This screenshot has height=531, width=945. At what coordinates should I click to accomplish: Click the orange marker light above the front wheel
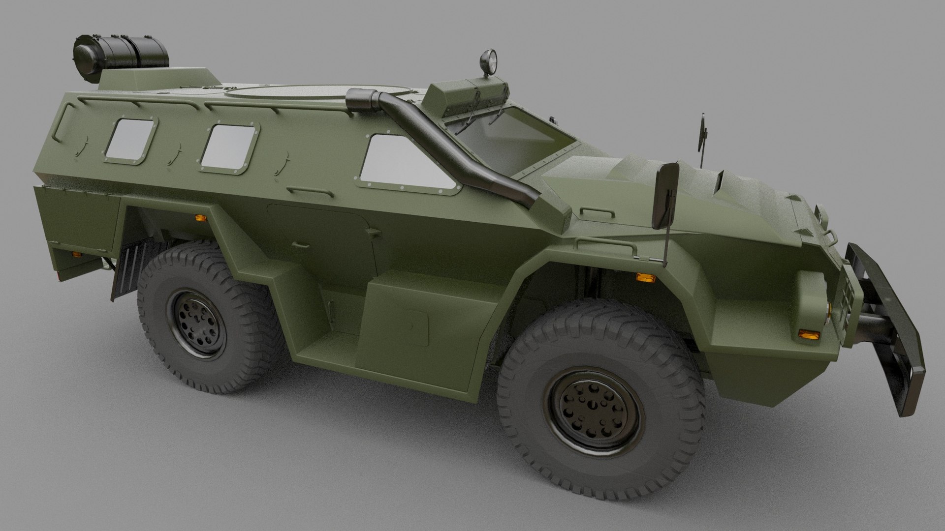coord(646,277)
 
